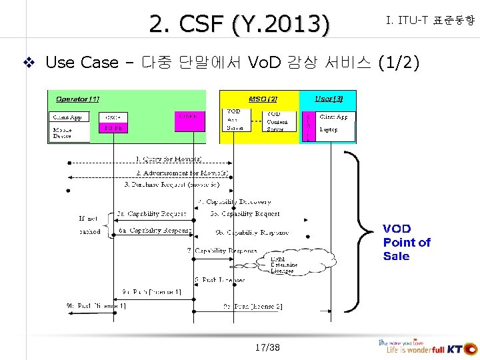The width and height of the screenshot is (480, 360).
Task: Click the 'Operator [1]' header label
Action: click(x=77, y=99)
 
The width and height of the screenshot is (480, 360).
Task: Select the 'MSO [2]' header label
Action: click(x=263, y=99)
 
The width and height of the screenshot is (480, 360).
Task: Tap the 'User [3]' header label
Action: click(x=329, y=99)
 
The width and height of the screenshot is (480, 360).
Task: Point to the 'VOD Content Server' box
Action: click(x=277, y=121)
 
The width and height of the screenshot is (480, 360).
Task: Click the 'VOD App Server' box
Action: click(x=235, y=120)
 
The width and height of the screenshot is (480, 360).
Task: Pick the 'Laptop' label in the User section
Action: click(x=329, y=129)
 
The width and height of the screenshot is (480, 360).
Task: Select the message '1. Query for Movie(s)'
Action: click(x=168, y=159)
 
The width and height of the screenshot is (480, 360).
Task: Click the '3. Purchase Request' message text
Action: click(x=171, y=184)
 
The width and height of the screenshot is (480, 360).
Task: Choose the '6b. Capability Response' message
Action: click(x=251, y=232)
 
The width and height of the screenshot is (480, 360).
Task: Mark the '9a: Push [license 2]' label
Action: click(x=253, y=306)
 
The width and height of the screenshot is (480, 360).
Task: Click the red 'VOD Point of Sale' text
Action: click(x=406, y=242)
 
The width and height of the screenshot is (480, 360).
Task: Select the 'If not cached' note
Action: click(x=89, y=225)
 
